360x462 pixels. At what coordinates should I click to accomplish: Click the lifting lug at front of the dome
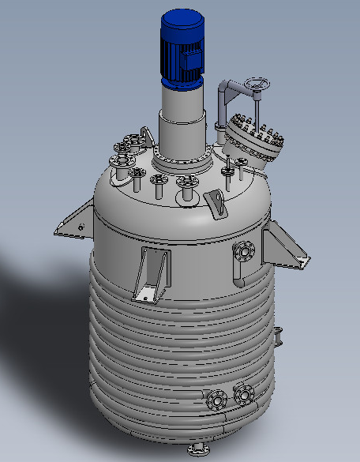216,204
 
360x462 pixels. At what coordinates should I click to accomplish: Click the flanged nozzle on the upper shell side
244,253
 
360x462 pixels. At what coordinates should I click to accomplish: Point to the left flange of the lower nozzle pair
216,401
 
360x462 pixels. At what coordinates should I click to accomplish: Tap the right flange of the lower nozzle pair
243,393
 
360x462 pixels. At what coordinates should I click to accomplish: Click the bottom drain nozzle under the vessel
197,451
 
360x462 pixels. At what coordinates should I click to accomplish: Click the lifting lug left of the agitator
144,137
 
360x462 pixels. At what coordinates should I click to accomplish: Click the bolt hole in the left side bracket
81,228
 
